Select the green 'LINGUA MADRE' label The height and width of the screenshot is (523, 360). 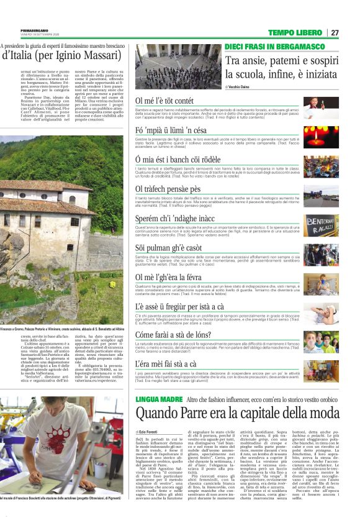click(158, 398)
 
